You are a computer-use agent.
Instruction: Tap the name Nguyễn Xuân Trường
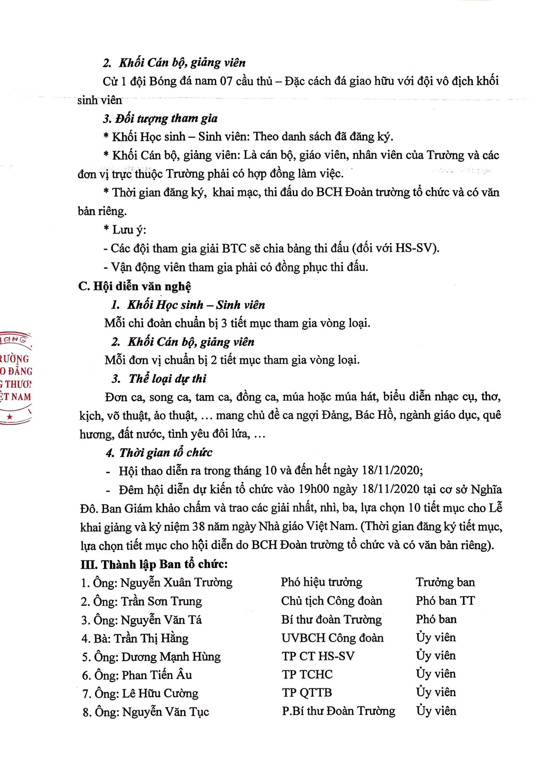[x=176, y=582]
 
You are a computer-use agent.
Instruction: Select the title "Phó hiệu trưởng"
[x=321, y=582]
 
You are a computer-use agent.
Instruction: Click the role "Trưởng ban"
[x=445, y=582]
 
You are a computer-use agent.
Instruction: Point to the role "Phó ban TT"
[x=445, y=601]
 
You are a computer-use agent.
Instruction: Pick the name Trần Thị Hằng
[x=151, y=638]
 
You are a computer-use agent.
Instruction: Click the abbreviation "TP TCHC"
[x=307, y=674]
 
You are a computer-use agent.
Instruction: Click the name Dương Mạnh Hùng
[x=171, y=657]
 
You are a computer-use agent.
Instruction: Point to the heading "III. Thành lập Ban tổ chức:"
[x=154, y=564]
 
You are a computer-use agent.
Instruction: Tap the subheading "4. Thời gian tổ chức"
[x=159, y=452]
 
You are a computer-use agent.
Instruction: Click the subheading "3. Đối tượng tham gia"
[x=161, y=118]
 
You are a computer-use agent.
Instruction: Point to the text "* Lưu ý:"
[x=125, y=230]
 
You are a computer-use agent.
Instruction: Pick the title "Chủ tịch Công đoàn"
[x=332, y=601]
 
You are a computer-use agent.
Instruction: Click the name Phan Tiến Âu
[x=157, y=675]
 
